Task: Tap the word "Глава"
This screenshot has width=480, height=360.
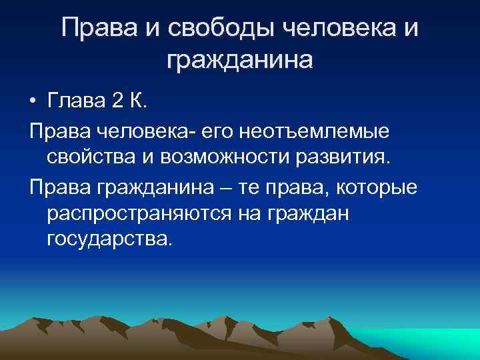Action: coord(75,101)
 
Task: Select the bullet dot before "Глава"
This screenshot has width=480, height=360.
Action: coord(33,102)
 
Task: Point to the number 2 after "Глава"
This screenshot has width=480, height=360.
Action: coord(117,101)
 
